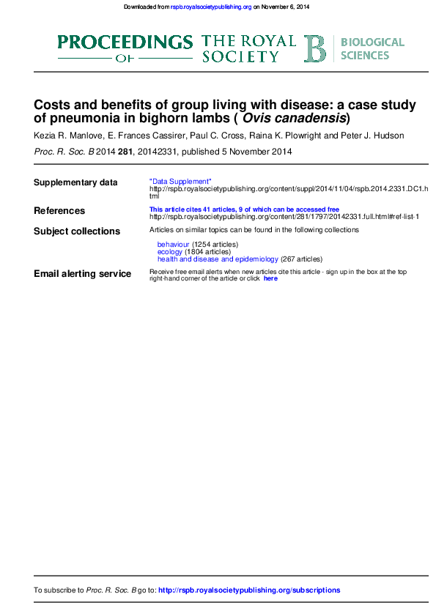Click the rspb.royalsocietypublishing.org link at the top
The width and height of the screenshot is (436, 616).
point(211,7)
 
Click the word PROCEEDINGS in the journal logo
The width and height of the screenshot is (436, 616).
point(125,42)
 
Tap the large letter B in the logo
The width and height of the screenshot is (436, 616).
point(316,48)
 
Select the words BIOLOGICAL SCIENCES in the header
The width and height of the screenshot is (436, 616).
point(372,48)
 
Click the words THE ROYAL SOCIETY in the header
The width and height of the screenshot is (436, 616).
point(248,48)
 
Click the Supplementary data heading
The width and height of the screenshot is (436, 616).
point(75,182)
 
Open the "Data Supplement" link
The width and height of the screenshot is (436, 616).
point(180,181)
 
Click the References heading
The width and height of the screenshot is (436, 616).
point(59,211)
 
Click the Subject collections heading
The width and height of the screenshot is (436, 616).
point(77,231)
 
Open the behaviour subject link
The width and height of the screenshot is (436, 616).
point(173,244)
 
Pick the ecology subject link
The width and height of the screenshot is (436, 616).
point(170,251)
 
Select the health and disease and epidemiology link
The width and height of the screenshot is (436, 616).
point(218,259)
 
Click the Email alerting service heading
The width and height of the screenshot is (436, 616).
point(83,274)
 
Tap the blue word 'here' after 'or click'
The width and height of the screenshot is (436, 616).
point(270,278)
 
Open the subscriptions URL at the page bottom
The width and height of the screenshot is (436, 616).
point(249,590)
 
